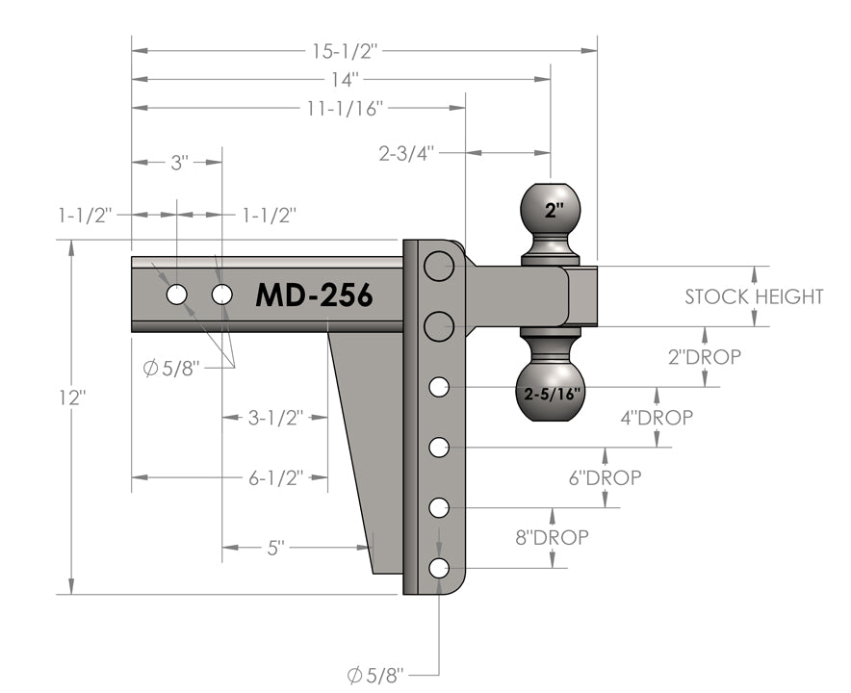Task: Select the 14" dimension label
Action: tap(340, 78)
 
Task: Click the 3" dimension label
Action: tap(178, 163)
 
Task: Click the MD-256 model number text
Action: tap(314, 295)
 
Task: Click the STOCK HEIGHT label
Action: tap(754, 296)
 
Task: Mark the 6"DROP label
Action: tap(606, 477)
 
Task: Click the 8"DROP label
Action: tap(552, 537)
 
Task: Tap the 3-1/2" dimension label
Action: tap(275, 418)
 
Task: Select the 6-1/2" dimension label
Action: tap(275, 476)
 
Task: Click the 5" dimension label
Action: tap(275, 548)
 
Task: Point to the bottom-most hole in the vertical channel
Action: tap(439, 568)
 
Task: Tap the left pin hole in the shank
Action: tap(176, 295)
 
